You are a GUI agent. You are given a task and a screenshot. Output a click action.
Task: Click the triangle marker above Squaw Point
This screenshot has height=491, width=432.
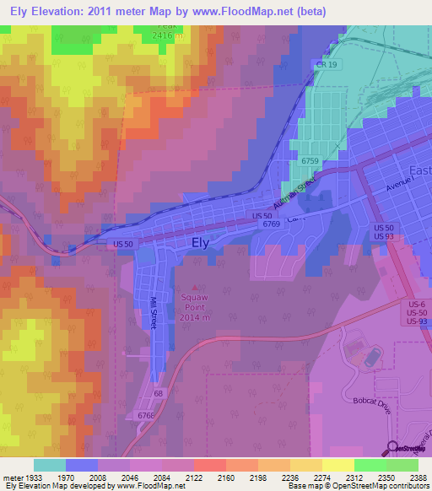click(x=199, y=287)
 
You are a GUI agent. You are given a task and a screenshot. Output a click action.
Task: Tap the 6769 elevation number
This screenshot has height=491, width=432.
click(x=271, y=224)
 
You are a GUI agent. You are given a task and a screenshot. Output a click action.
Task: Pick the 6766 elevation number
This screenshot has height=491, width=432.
click(x=148, y=414)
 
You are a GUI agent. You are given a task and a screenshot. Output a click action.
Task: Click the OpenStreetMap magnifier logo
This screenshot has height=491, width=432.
click(x=392, y=449)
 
